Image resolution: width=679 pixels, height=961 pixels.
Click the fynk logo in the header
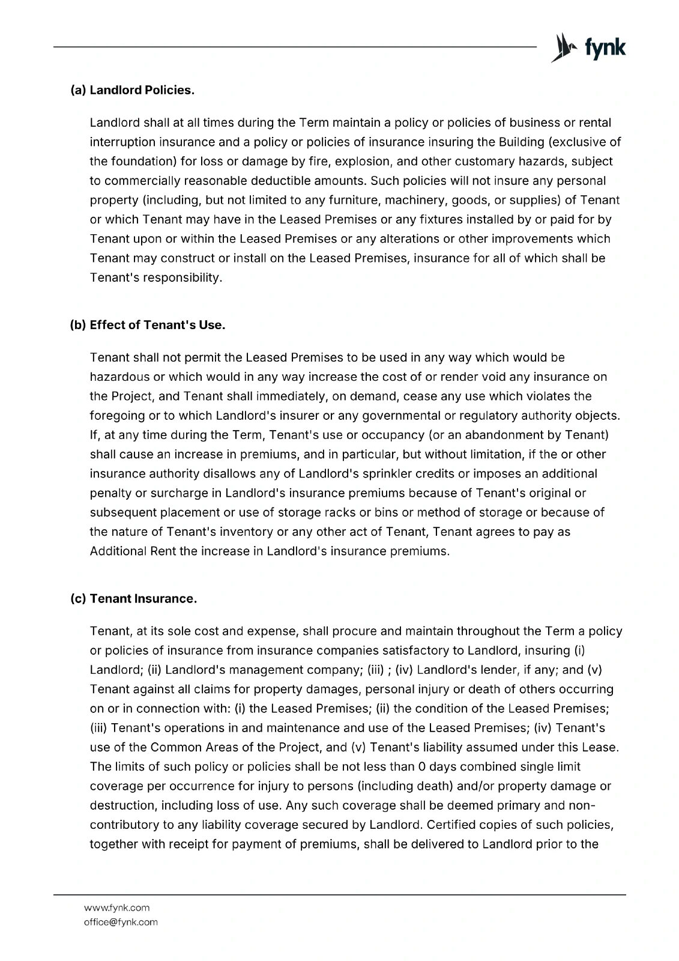pyautogui.click(x=588, y=48)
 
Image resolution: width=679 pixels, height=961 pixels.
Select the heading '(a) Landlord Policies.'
pyautogui.click(x=133, y=91)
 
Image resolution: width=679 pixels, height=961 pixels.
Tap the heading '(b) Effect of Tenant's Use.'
pyautogui.click(x=148, y=325)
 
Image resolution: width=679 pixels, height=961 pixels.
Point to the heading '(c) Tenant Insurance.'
pyautogui.click(x=134, y=599)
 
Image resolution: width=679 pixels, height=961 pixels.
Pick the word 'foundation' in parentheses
pyautogui.click(x=136, y=162)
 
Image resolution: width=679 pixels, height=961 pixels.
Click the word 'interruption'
pyautogui.click(x=122, y=142)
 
